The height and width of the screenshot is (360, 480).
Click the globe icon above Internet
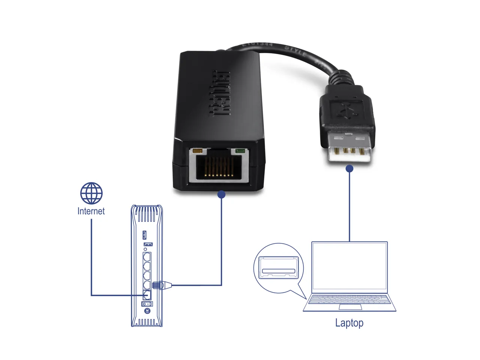[x=91, y=193]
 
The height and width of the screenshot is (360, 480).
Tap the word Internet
[x=91, y=211]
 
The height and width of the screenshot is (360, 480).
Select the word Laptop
[x=349, y=323]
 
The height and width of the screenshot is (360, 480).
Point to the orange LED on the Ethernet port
[x=197, y=151]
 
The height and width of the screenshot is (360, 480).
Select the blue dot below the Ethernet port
[x=221, y=195]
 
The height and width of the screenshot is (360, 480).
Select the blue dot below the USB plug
[x=349, y=169]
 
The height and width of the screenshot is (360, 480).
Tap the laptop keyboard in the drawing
[x=349, y=299]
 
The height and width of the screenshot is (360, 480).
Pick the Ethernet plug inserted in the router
[x=162, y=285]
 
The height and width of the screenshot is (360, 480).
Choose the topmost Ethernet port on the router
[x=147, y=257]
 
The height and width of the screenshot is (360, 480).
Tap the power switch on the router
[x=147, y=303]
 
